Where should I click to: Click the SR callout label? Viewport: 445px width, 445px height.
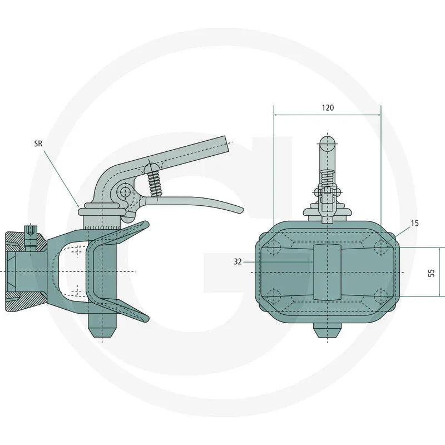(38, 143)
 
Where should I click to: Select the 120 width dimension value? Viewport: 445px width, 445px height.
(328, 108)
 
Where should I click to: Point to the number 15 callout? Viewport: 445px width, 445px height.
(414, 223)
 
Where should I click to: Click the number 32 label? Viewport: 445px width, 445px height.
(238, 261)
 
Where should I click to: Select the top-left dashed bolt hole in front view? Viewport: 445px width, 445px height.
(273, 248)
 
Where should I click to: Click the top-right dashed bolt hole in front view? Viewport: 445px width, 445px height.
(380, 246)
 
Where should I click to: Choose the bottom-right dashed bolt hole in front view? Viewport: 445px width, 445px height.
(380, 295)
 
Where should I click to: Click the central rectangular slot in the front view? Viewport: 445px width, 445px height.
(327, 271)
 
